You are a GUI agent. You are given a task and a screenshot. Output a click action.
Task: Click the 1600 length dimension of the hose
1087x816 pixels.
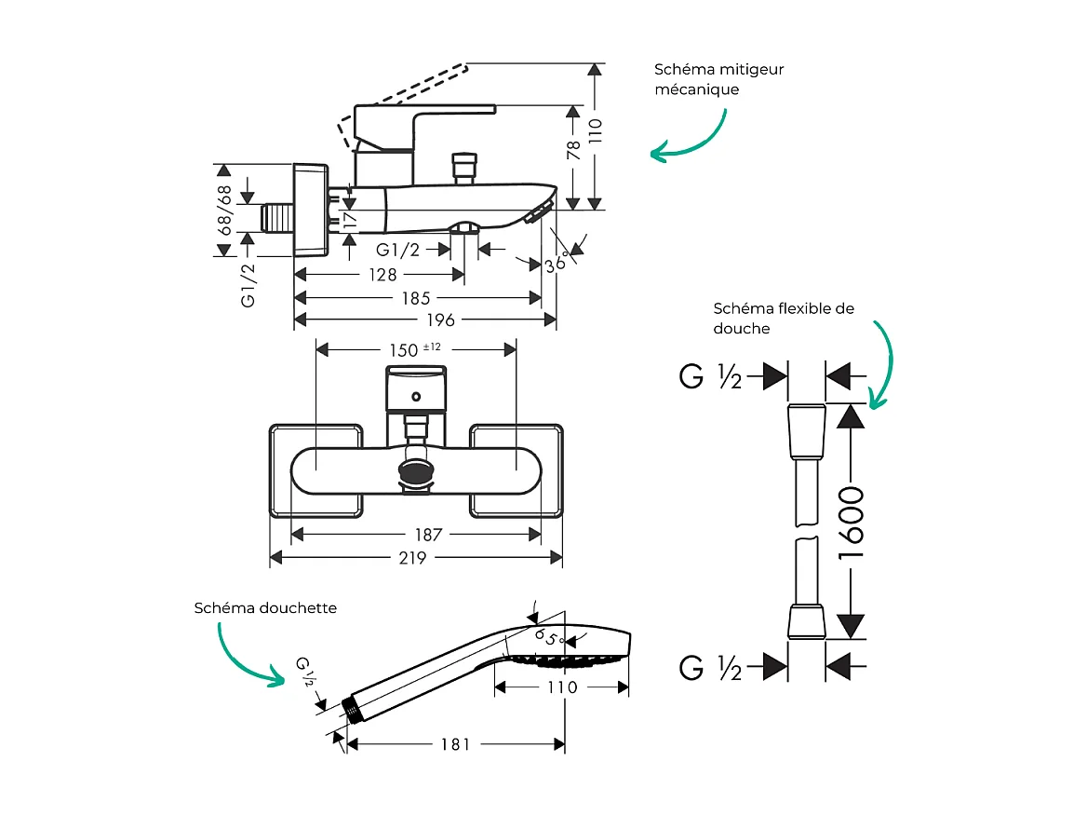852,522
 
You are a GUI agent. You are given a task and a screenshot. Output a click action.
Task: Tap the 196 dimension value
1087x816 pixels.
440,320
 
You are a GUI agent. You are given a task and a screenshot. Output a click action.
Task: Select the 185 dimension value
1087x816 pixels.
416,298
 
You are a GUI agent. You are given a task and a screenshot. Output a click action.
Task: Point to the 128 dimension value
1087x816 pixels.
382,275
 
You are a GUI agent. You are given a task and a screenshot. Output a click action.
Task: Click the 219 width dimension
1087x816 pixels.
412,558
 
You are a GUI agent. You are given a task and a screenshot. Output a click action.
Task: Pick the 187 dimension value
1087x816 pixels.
429,535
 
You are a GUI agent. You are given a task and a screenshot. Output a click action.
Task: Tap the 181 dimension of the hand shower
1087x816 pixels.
455,744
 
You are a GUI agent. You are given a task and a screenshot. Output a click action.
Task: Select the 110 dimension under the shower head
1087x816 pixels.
561,687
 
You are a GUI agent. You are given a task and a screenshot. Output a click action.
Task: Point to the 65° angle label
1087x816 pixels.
549,638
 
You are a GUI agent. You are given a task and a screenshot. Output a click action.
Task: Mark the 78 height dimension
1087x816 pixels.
573,150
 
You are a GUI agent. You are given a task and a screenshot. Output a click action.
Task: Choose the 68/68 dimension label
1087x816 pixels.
223,210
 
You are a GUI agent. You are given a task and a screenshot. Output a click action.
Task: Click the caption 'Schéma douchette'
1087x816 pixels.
265,608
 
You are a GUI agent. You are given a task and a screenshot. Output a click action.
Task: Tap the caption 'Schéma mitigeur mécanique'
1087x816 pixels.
718,79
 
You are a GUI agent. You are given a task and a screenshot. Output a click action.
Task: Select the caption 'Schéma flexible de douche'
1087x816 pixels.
783,318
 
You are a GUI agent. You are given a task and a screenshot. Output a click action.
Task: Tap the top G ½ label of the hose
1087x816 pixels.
710,377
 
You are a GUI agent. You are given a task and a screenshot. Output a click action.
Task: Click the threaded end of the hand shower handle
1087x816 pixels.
353,710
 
